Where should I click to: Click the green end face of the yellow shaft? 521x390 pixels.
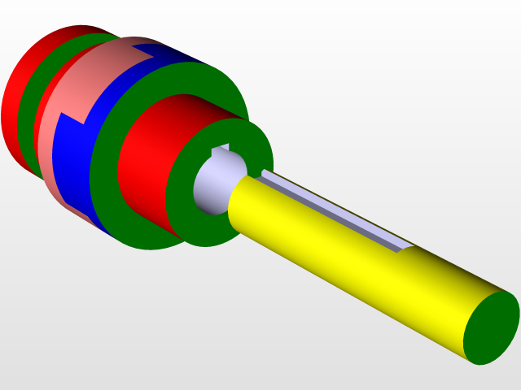[x=492, y=327]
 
